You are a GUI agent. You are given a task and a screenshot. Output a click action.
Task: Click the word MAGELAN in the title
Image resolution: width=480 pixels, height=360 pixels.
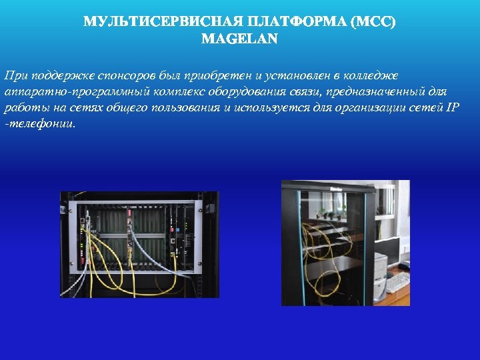coord(239,39)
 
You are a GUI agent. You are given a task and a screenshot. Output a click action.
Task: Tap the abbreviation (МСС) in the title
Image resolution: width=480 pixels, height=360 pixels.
coord(376,23)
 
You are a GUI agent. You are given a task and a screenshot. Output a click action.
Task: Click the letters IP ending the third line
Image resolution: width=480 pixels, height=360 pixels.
coord(453,107)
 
